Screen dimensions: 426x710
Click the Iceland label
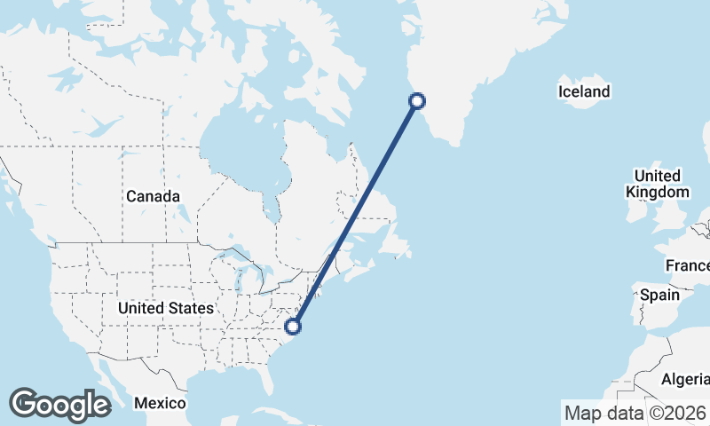tap(584, 91)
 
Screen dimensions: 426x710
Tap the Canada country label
tap(153, 196)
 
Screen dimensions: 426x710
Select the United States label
tap(166, 308)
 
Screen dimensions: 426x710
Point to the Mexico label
tap(160, 403)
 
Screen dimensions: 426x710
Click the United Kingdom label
tap(657, 184)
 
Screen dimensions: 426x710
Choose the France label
tap(688, 266)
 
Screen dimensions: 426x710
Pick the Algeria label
tap(684, 379)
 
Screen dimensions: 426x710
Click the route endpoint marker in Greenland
tap(417, 101)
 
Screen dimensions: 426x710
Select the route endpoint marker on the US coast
tap(294, 327)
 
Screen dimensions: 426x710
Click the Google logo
tap(59, 405)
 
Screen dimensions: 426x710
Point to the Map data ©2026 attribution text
tap(635, 413)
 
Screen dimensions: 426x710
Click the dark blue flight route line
tap(355, 214)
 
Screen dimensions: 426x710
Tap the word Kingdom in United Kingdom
tap(657, 192)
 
